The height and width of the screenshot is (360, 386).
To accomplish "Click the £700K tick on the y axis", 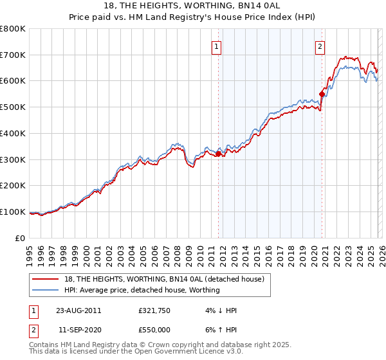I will (13, 55).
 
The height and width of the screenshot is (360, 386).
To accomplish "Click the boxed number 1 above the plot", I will (216, 46).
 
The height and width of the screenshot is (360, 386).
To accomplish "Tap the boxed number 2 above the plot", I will (320, 46).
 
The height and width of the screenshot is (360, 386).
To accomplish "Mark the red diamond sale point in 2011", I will (218, 154).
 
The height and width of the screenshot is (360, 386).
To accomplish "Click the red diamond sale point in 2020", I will (322, 94).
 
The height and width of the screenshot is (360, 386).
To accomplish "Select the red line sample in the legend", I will (46, 279).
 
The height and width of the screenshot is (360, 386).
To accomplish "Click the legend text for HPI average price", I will (142, 291).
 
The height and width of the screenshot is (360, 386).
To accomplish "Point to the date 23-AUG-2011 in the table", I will (78, 310).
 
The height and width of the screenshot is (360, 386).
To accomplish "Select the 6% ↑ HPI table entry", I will (224, 328).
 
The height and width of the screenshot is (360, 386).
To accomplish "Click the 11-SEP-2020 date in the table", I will (78, 328).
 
